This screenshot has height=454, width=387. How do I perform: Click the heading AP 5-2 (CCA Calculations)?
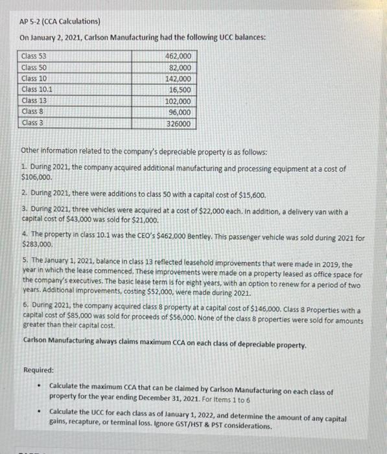(59, 21)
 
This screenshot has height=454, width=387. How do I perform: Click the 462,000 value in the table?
(180, 57)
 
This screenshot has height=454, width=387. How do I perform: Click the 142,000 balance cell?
(180, 78)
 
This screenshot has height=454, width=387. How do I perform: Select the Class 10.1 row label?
(36, 90)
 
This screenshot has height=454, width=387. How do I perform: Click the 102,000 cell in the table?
(180, 101)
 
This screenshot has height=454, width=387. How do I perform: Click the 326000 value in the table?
(180, 123)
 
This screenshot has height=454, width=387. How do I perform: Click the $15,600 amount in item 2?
(250, 194)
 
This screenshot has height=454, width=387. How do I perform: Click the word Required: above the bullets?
(38, 370)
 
